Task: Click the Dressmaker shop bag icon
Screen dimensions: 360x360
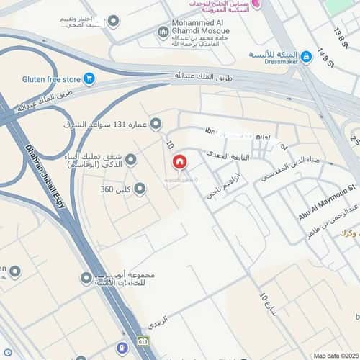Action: pos(306,55)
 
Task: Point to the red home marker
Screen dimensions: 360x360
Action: pos(179,163)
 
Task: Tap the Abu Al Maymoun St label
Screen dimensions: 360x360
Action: pos(328,202)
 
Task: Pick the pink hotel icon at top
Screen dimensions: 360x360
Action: pos(256,4)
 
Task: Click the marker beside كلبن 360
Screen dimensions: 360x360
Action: pos(140,189)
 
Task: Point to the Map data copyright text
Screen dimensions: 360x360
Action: pos(335,355)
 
